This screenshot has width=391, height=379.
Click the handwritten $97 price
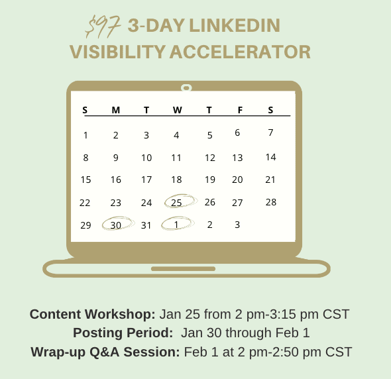103,27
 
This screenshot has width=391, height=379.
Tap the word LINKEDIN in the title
235,25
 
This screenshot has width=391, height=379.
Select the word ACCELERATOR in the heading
240,52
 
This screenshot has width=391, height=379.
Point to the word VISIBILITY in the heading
117,52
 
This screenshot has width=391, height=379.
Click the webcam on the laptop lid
186,87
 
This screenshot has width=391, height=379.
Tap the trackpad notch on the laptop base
184,268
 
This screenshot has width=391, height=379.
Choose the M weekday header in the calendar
116,110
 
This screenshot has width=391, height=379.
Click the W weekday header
178,110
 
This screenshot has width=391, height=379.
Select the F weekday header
240,110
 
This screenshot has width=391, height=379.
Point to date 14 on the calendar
270,157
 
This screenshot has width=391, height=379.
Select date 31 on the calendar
146,225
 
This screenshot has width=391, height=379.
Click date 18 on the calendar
176,180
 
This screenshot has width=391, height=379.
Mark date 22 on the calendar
85,203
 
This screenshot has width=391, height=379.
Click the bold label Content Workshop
93,314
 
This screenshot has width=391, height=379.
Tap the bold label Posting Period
123,333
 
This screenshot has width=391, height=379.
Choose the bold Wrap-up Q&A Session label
105,352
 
